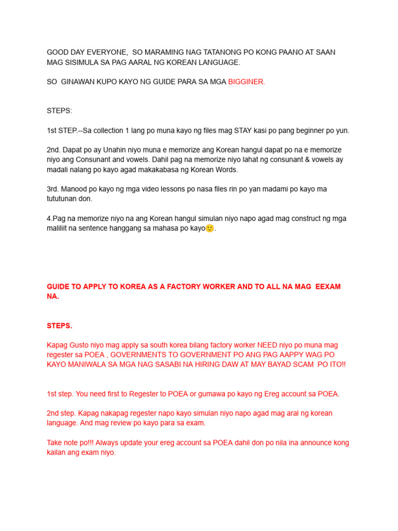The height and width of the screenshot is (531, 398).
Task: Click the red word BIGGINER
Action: tap(246, 82)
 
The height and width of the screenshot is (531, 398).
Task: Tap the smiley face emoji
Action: tap(209, 228)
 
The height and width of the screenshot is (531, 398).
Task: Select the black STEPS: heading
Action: tap(60, 111)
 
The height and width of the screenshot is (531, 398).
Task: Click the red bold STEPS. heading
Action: tap(60, 326)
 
